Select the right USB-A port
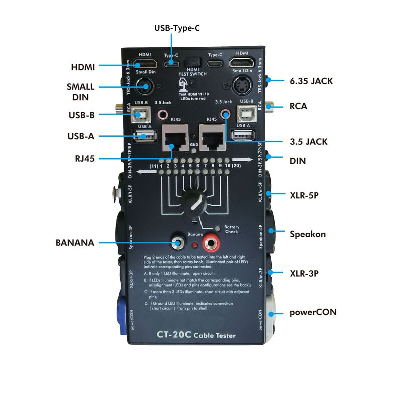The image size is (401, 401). [243, 134]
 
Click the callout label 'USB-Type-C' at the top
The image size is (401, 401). [177, 28]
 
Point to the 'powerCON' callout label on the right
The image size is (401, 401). [313, 312]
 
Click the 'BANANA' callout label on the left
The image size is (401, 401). [75, 243]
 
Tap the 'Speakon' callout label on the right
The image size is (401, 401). [308, 234]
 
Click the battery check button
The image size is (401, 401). [217, 229]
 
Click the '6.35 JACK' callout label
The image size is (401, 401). [311, 80]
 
